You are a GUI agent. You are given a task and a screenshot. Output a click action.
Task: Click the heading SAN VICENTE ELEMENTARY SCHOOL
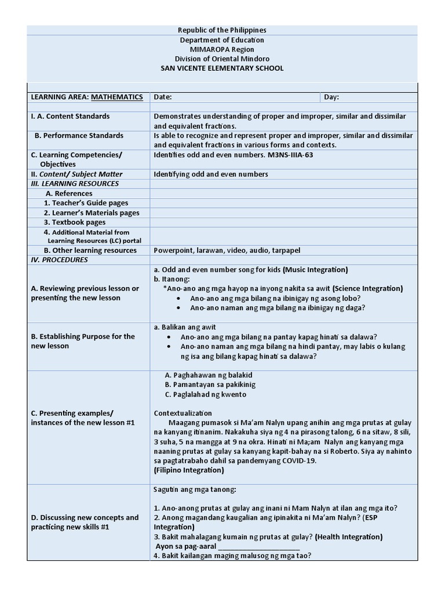pyautogui.click(x=222, y=68)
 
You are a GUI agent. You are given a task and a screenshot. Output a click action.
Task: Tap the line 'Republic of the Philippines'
pyautogui.click(x=222, y=30)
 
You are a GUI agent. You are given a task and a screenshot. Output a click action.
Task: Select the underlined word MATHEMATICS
pyautogui.click(x=117, y=97)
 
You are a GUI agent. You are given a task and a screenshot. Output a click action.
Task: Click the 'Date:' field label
pyautogui.click(x=163, y=97)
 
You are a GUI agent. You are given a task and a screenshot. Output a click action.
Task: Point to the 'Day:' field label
pyautogui.click(x=331, y=97)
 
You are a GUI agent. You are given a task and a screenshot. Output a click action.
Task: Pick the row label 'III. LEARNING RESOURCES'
pyautogui.click(x=74, y=184)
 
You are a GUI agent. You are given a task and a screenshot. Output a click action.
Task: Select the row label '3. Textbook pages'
pyautogui.click(x=75, y=222)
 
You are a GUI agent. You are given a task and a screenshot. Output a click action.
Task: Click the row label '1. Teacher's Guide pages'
pyautogui.click(x=86, y=203)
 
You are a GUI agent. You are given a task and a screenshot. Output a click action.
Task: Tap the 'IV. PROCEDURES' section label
pyautogui.click(x=59, y=260)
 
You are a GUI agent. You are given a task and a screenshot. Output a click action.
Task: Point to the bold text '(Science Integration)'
pyautogui.click(x=368, y=289)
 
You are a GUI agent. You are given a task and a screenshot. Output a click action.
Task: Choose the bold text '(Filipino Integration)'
pyautogui.click(x=189, y=470)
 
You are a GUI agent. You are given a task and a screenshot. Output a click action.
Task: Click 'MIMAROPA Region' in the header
pyautogui.click(x=222, y=49)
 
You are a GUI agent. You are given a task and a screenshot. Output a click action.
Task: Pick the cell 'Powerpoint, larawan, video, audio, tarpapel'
pyautogui.click(x=227, y=251)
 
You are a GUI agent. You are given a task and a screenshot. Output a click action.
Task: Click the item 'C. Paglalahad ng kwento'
pyautogui.click(x=206, y=394)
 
